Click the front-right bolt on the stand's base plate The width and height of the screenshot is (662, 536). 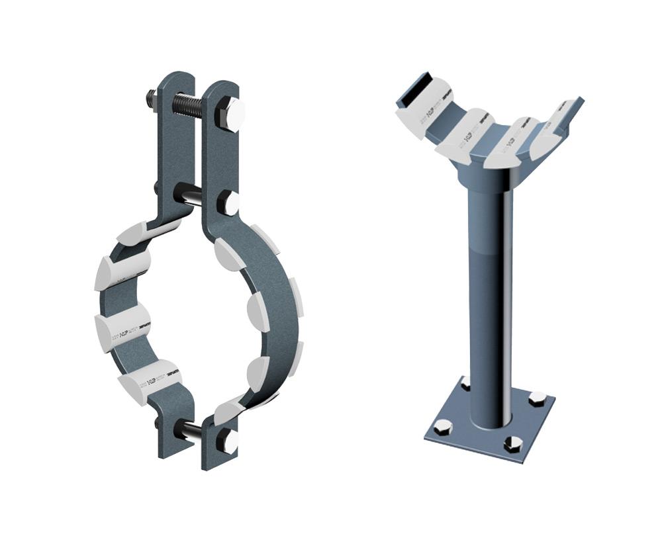tap(512, 444)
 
